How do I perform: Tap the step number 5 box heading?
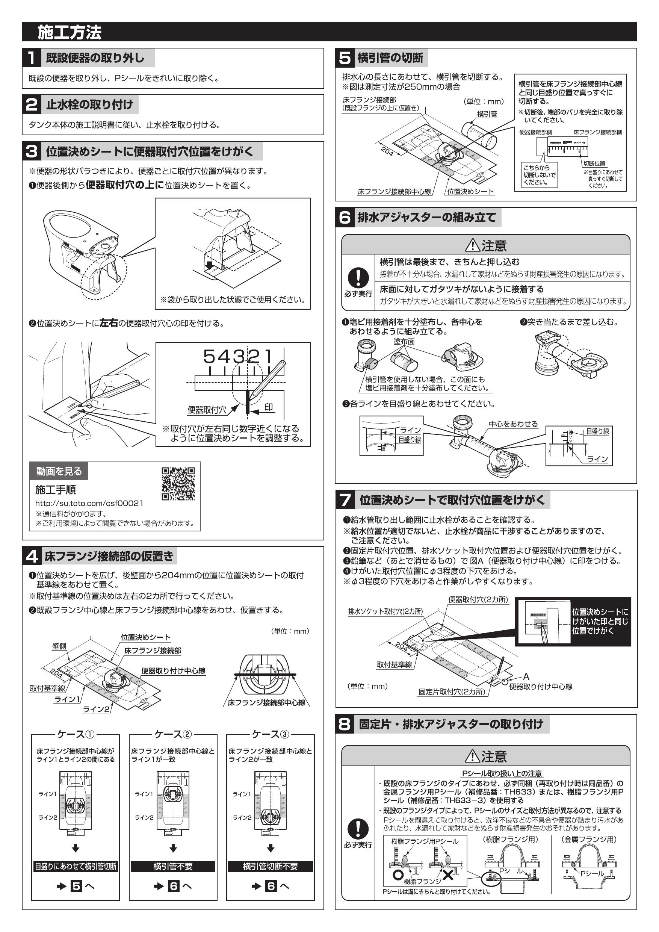(345, 58)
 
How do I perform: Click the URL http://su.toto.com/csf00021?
(89, 503)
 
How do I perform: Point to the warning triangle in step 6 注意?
(472, 245)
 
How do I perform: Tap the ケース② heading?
(173, 734)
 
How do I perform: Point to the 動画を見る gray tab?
(59, 471)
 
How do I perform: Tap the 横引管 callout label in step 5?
(487, 114)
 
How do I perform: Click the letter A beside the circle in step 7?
(526, 677)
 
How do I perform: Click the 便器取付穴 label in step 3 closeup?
(207, 410)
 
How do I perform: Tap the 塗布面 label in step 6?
(404, 341)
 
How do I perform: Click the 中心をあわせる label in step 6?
(513, 424)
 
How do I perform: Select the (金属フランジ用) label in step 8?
(589, 840)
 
